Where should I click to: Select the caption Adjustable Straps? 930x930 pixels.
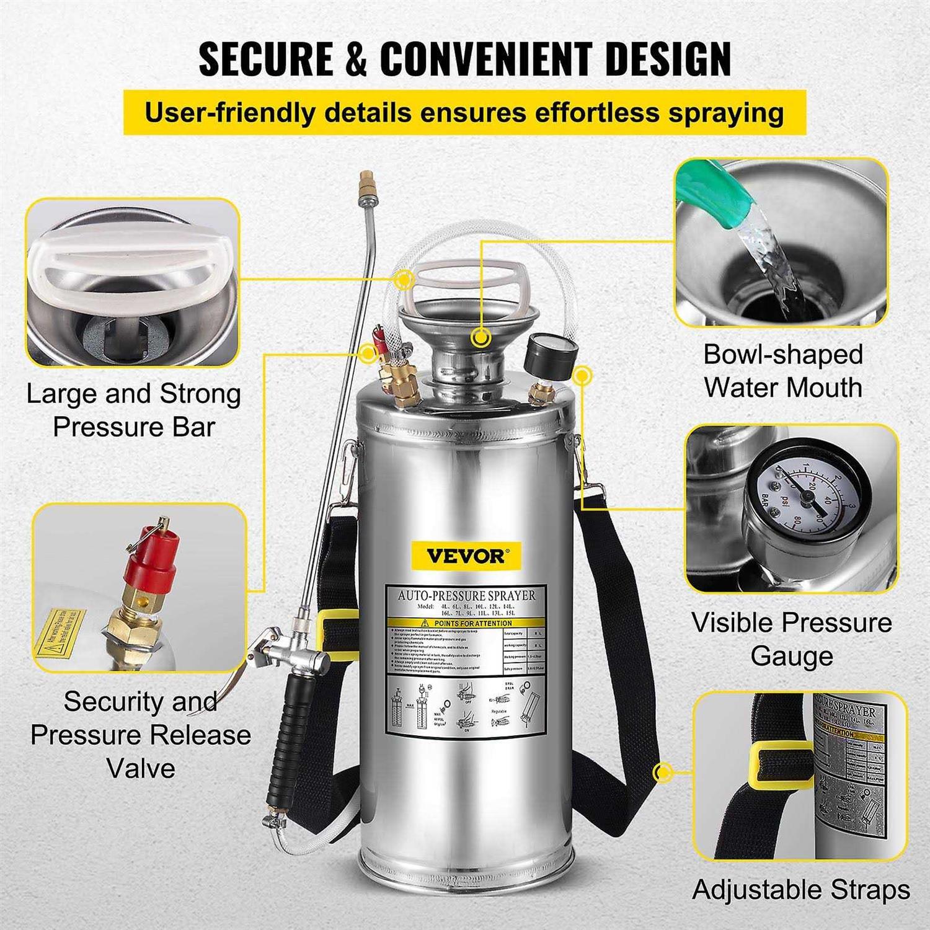pyautogui.click(x=800, y=890)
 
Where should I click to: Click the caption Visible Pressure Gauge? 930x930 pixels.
pyautogui.click(x=792, y=639)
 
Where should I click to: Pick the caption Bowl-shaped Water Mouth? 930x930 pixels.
pyautogui.click(x=783, y=371)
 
